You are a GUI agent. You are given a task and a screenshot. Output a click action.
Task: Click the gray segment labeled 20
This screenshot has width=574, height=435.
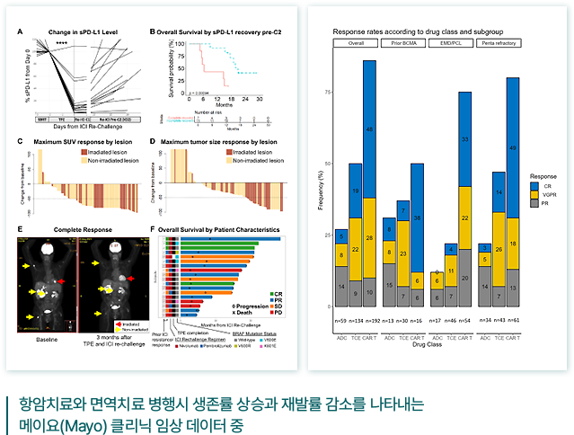pyautogui.click(x=465, y=279)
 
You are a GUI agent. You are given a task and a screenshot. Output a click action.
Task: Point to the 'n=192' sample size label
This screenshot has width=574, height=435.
pyautogui.click(x=369, y=319)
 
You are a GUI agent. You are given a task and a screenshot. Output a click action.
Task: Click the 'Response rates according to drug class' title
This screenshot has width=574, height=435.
pyautogui.click(x=409, y=30)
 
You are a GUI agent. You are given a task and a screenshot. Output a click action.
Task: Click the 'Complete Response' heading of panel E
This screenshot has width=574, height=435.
pyautogui.click(x=73, y=231)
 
